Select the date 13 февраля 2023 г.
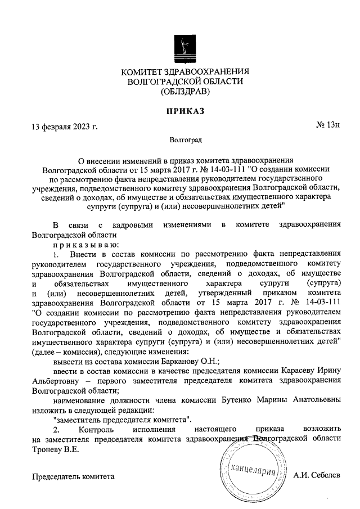point(65,126)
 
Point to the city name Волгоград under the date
point(185,138)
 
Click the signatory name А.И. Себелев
point(317,476)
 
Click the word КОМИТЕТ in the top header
point(142,71)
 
